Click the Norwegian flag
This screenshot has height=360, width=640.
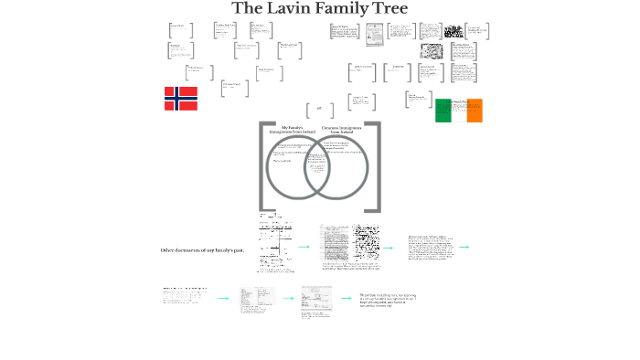[x=181, y=99]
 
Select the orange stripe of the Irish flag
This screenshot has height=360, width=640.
[x=475, y=111]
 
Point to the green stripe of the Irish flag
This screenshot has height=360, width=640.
[x=443, y=111]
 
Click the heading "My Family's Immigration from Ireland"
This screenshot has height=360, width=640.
[x=291, y=131]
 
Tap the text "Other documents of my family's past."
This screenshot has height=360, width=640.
[x=202, y=249]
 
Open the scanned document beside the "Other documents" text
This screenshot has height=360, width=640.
[x=275, y=245]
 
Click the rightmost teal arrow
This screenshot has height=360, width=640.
[x=464, y=247]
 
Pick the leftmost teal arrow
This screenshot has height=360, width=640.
[x=223, y=298]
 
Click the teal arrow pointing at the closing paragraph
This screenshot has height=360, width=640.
[x=346, y=298]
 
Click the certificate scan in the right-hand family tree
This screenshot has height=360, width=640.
[x=374, y=35]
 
